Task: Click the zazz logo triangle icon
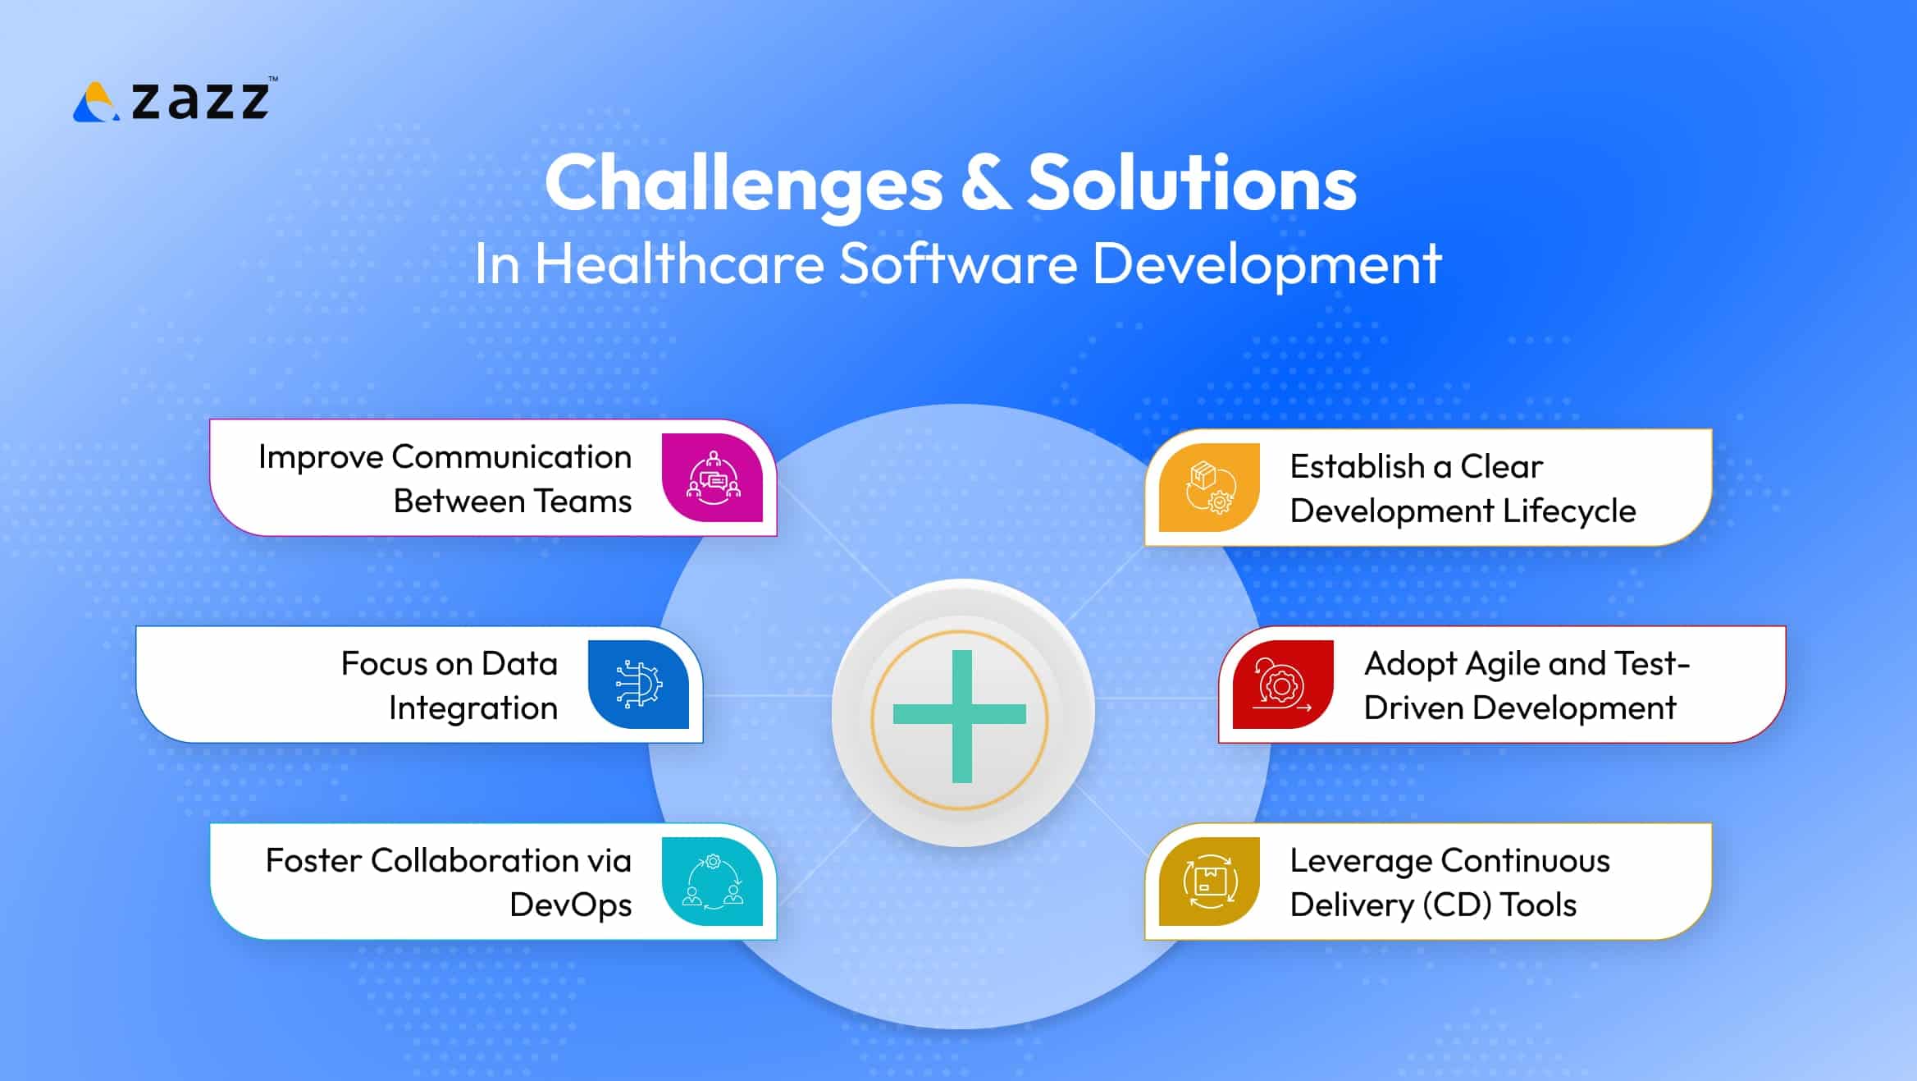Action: point(96,103)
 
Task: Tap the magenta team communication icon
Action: point(713,478)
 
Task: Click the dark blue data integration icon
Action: point(639,685)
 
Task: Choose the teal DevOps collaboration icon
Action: point(713,882)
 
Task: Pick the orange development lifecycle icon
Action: point(1209,488)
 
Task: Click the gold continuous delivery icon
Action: point(1209,882)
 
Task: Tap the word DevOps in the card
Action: point(570,905)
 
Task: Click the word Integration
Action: point(472,708)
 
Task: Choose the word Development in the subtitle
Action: point(1267,264)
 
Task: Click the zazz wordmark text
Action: point(200,100)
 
